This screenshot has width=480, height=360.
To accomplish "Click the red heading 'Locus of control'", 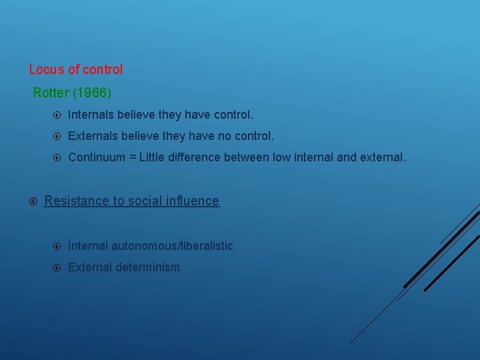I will pos(76,69).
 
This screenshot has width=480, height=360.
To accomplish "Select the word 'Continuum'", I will pos(97,158).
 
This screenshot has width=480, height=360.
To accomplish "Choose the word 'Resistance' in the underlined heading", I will pos(75,201).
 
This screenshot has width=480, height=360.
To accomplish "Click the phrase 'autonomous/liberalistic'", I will pos(172,246).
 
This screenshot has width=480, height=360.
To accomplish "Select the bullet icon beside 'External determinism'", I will pos(57,268).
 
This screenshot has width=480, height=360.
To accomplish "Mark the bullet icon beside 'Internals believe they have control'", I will pos(57,116).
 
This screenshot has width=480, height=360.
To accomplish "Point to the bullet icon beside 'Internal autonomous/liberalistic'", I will pos(57,247).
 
